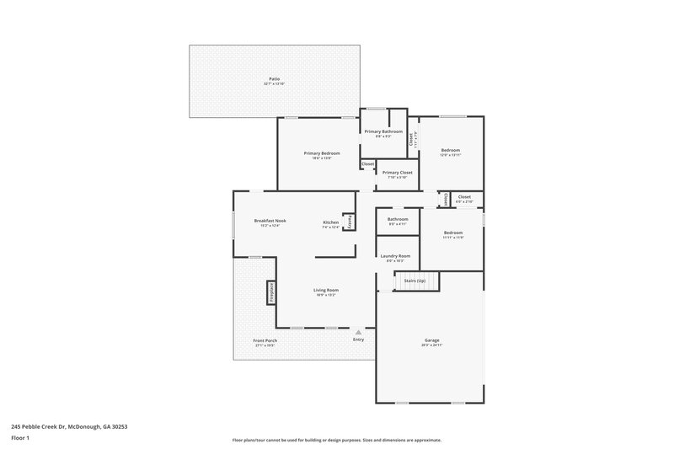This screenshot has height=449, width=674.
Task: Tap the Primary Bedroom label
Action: (322, 153)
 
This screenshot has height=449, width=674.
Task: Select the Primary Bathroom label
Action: (383, 131)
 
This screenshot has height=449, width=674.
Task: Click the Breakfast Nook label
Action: (270, 221)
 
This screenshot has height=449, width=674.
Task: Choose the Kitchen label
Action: (331, 222)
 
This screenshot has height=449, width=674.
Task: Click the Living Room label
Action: (326, 290)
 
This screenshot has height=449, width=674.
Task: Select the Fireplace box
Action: (271, 291)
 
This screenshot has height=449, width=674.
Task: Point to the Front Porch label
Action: (265, 341)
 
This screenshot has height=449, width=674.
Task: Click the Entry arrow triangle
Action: (358, 332)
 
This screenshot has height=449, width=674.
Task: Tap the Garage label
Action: (431, 340)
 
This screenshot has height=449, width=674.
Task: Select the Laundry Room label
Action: (395, 256)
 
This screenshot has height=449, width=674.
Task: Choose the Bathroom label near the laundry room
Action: (398, 219)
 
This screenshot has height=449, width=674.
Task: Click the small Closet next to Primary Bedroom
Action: (368, 164)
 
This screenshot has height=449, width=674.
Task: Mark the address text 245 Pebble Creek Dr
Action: (69, 427)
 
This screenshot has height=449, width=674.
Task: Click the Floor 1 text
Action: (21, 439)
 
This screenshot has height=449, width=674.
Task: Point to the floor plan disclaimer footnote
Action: (337, 440)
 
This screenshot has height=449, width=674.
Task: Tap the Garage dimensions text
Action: (431, 345)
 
